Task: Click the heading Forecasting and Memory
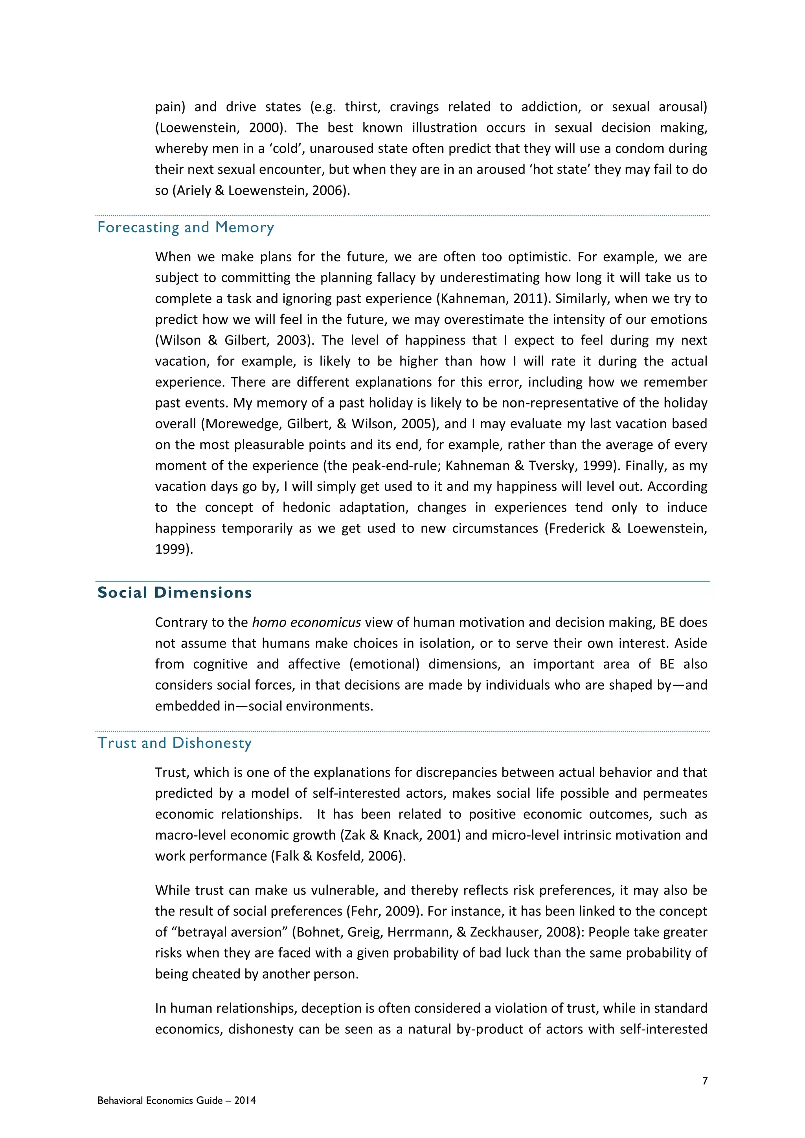click(186, 228)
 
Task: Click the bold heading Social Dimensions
click(175, 593)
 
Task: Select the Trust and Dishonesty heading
click(175, 743)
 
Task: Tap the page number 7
click(705, 1081)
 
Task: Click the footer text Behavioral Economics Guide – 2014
click(176, 1100)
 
